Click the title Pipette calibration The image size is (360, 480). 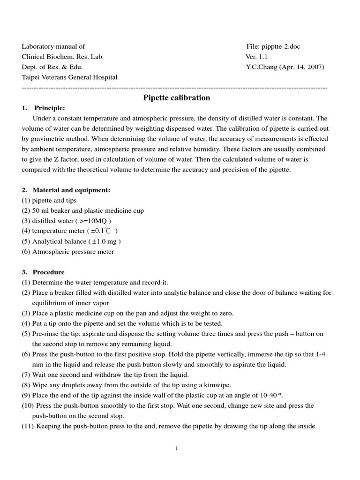pos(176,98)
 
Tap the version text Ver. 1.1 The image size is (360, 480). pos(257,57)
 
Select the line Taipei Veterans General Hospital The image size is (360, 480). pos(69,77)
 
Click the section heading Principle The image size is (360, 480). pos(50,108)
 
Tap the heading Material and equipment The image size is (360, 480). pos(71,190)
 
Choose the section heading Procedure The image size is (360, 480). pos(48,272)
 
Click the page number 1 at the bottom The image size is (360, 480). pos(177,449)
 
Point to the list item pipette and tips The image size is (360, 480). pos(54,201)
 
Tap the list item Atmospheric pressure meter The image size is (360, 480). pos(73,252)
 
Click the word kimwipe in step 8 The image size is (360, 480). pos(217,385)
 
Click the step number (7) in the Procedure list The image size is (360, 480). pos(26,375)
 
